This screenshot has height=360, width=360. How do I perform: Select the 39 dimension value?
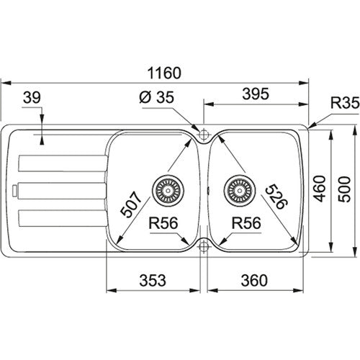(30, 97)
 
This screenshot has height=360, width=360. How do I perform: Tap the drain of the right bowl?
(238, 191)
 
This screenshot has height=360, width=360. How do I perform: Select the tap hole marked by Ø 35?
(203, 134)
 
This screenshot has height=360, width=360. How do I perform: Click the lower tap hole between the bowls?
(203, 246)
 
